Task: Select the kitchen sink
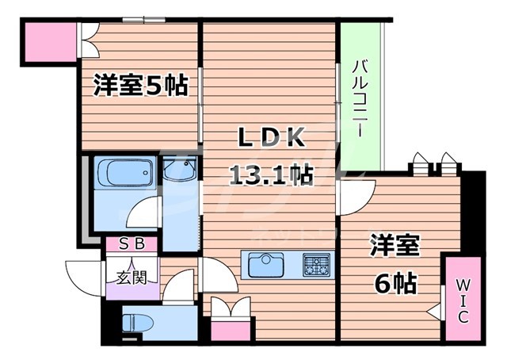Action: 266,264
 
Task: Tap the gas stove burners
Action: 317,264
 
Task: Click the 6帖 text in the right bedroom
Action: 394,284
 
